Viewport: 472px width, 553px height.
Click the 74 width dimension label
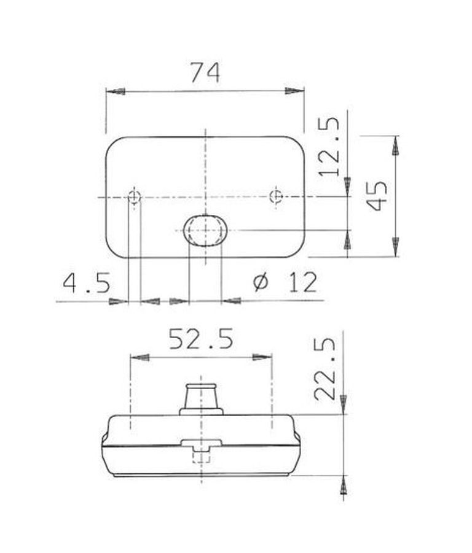205,72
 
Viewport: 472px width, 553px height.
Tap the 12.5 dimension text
329,146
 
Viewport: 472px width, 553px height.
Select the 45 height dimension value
376,196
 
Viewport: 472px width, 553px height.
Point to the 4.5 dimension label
87,282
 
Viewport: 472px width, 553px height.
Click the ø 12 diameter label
286,282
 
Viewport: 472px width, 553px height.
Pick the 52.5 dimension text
201,339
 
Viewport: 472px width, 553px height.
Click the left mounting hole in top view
134,197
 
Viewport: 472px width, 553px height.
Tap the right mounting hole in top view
276,196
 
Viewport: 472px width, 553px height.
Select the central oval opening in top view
205,230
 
